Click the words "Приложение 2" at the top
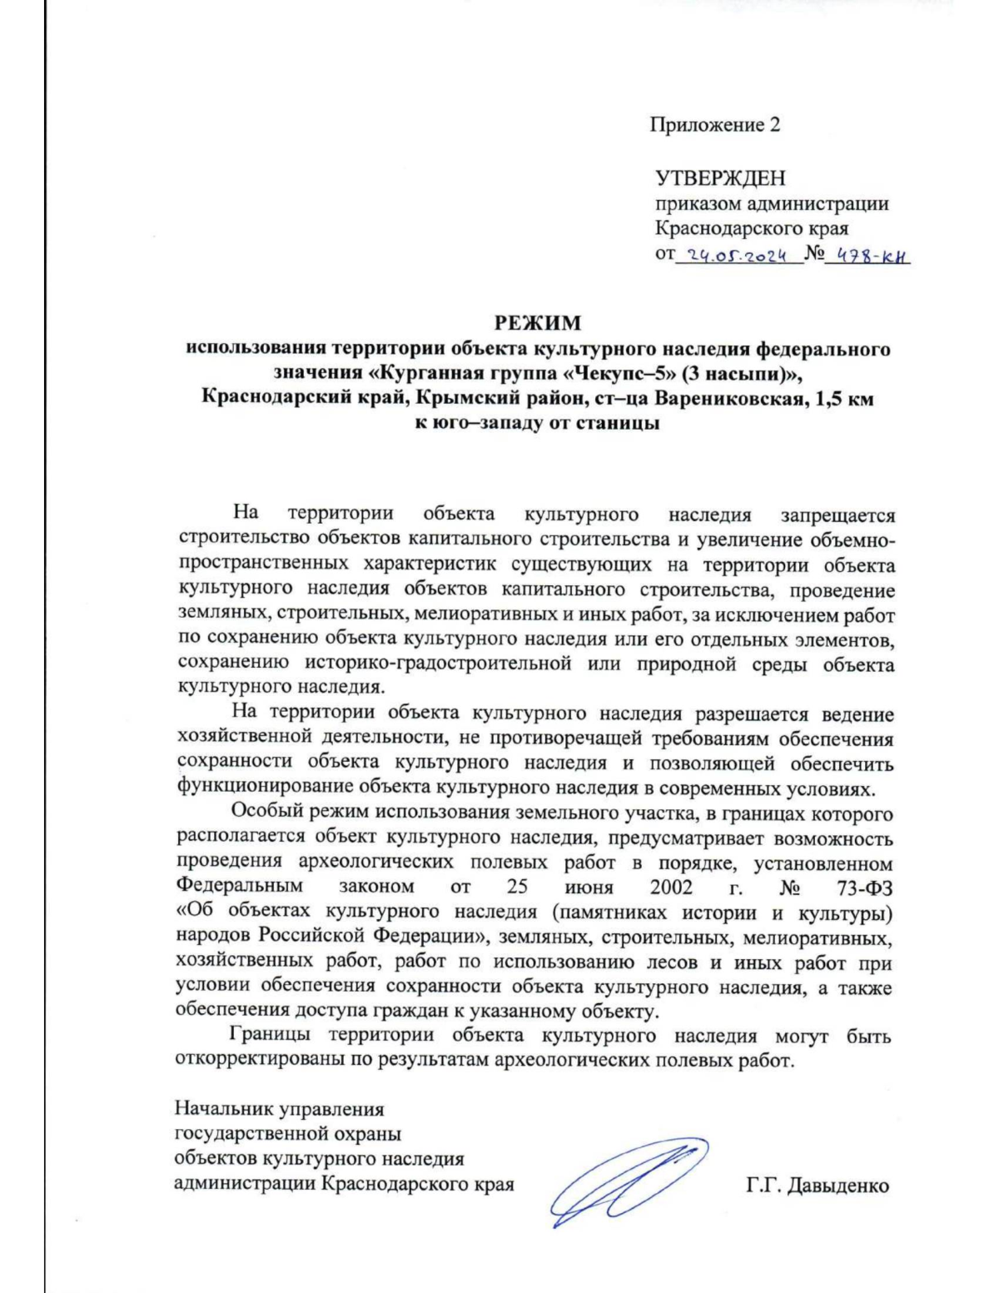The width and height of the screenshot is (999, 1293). click(714, 125)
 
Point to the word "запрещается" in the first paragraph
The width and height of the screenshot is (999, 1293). click(837, 515)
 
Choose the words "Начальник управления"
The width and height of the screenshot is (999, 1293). click(279, 1109)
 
